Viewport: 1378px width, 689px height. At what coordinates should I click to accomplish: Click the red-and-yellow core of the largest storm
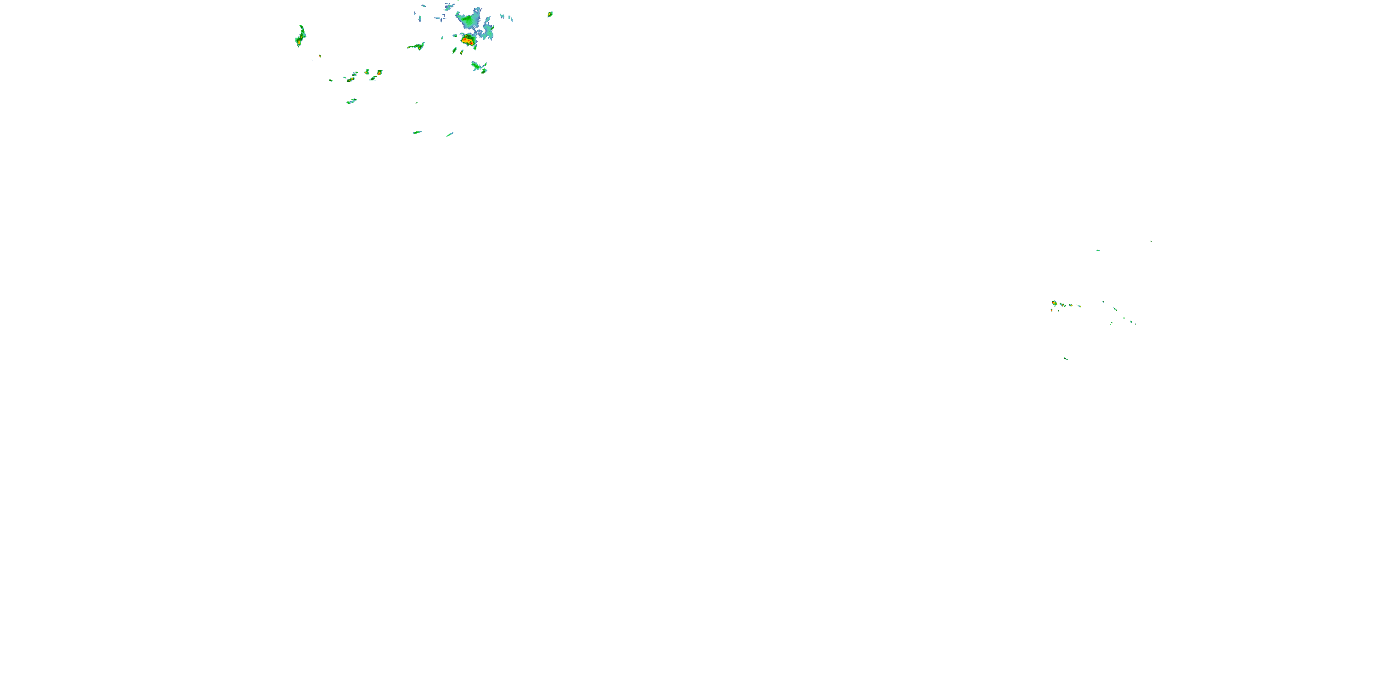467,40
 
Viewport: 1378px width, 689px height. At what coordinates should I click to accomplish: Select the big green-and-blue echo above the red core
469,21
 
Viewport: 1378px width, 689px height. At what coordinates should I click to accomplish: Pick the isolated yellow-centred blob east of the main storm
549,14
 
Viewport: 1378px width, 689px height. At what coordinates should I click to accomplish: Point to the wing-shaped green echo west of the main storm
416,46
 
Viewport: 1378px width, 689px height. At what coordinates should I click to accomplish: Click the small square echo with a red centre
379,72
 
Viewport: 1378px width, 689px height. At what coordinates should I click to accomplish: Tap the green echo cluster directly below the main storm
479,68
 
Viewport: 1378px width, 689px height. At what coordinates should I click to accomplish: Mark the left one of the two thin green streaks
417,132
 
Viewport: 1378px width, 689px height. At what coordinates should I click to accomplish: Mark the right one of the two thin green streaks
450,134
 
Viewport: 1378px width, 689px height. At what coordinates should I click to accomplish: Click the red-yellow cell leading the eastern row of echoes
1054,303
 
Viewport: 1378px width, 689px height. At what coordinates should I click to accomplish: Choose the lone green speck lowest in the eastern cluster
1066,358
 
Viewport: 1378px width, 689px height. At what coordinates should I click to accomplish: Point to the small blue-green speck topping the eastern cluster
1098,250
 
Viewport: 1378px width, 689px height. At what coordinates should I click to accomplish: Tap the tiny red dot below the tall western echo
320,56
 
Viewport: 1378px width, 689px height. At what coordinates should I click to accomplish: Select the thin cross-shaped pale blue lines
441,17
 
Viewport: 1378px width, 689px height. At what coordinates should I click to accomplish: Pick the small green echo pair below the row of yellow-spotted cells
351,101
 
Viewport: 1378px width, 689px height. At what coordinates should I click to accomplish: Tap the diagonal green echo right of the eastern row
1115,309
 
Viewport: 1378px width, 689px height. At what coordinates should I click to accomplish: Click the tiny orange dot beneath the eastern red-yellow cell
1052,310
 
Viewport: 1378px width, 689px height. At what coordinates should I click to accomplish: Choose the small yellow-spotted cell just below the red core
462,51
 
